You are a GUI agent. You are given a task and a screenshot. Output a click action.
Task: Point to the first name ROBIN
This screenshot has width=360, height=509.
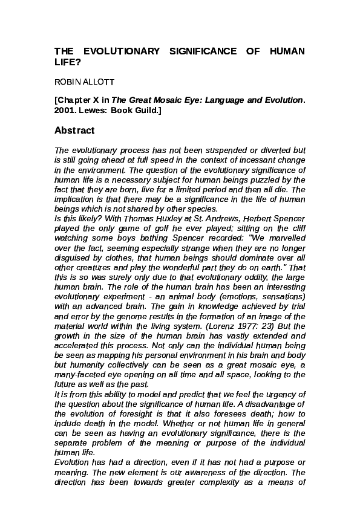coord(65,82)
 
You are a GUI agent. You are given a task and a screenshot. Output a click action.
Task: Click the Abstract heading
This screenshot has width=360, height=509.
coord(74,131)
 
